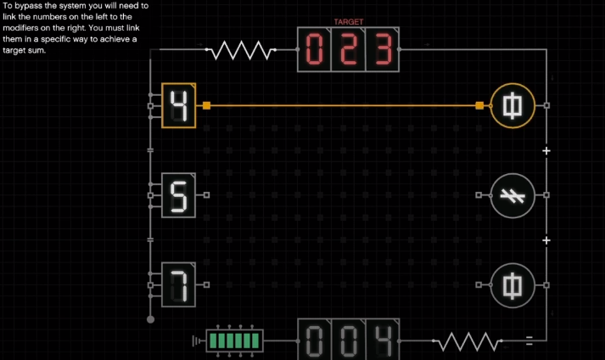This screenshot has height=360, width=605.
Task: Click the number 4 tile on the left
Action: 179,105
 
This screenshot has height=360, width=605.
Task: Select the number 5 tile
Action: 179,194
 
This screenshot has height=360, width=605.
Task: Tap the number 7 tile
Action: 179,284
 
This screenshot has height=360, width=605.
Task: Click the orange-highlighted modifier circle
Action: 513,105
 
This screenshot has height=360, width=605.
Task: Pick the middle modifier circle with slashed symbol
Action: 513,194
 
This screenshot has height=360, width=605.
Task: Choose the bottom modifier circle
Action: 513,284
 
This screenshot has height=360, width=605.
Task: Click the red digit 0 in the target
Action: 314,51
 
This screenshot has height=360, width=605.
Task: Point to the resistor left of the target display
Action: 241,51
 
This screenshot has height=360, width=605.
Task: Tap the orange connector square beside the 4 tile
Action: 206,105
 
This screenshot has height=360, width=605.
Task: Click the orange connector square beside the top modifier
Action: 479,105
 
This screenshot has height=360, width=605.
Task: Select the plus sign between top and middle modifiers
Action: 546,150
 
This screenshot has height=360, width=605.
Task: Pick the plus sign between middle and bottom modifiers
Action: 546,240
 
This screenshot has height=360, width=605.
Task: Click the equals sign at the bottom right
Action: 529,341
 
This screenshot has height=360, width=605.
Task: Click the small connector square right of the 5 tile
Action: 206,194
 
